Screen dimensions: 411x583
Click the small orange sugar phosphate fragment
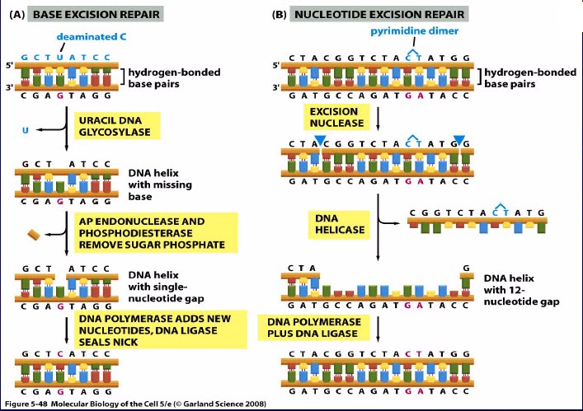(35, 235)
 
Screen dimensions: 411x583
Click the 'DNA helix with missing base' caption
(157, 185)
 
